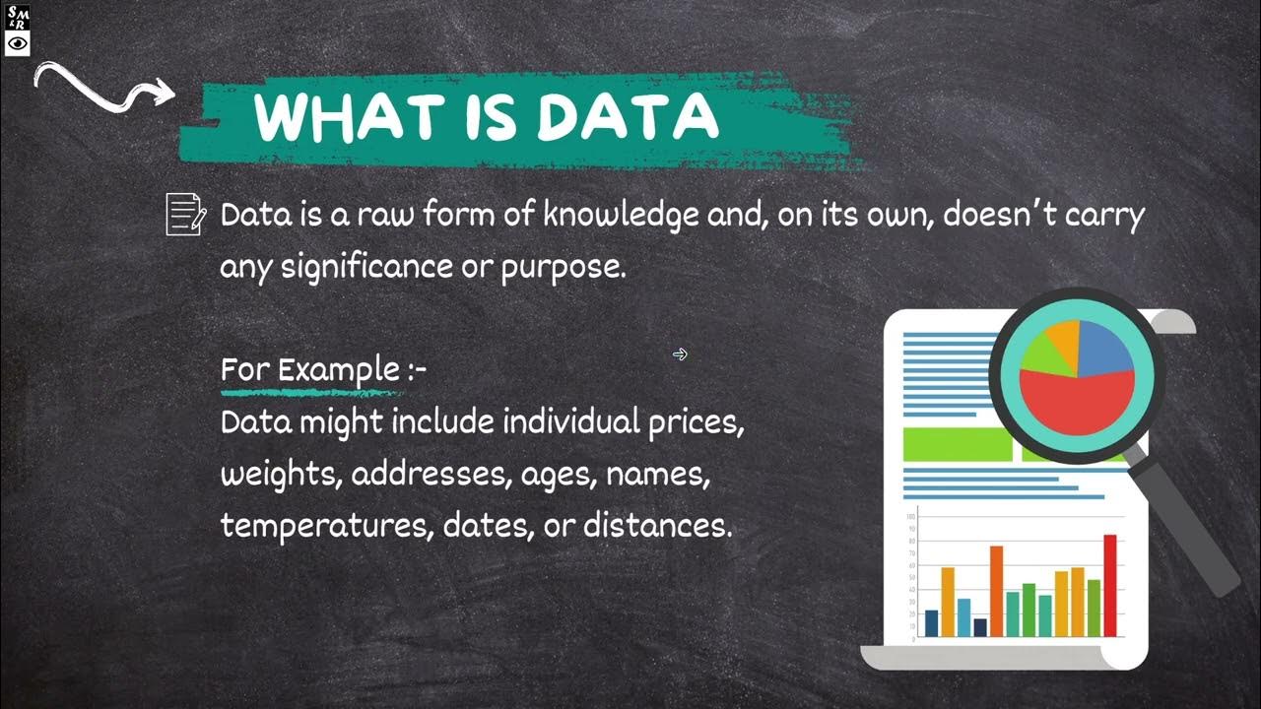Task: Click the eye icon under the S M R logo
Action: (18, 43)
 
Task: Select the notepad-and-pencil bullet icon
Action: (185, 214)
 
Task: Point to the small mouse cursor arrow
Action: (680, 354)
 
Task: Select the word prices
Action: (696, 422)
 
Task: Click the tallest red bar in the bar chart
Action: (1110, 585)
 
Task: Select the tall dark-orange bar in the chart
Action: (996, 591)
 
